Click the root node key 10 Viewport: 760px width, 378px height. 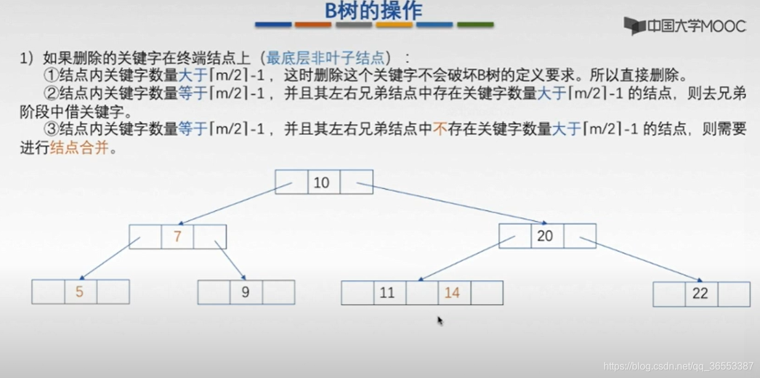pos(321,182)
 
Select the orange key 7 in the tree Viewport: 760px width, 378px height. pos(177,236)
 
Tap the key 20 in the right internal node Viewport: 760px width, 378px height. pos(545,236)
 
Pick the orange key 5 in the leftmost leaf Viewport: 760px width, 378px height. pos(79,291)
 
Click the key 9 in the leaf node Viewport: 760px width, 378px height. pos(245,292)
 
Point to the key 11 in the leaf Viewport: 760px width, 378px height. pos(387,292)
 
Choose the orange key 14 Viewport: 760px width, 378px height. pos(452,292)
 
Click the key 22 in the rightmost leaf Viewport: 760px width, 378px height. pos(700,293)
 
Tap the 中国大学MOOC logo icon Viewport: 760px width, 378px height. pos(634,26)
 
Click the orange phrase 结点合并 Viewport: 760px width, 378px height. pos(79,148)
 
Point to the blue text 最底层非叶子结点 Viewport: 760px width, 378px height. pos(326,58)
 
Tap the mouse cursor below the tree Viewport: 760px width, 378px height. pos(440,321)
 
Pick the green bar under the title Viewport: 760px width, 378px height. pos(475,25)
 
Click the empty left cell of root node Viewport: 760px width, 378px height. pos(291,182)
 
